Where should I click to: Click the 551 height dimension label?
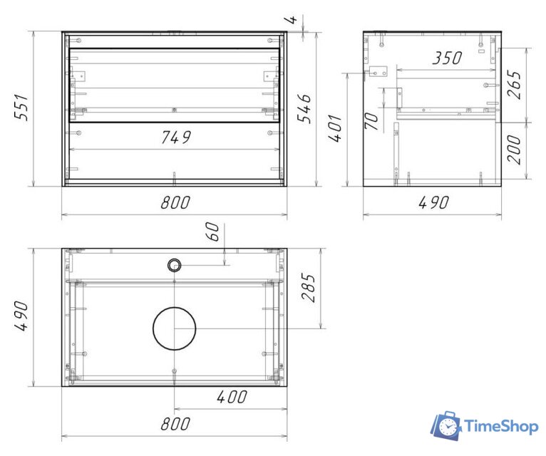pos(21,107)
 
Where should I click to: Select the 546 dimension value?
pos(304,108)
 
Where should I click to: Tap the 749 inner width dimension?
pos(176,138)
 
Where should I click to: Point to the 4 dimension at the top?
pos(292,19)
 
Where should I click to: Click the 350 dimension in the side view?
pos(447,58)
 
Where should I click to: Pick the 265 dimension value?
pos(514,85)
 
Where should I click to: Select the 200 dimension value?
pos(514,150)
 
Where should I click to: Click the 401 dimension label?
pos(335,128)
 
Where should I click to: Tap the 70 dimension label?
pos(371,121)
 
